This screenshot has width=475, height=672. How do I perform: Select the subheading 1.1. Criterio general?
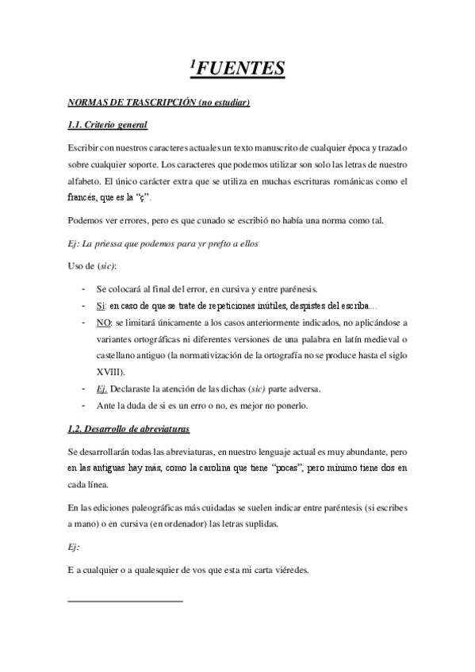(108, 125)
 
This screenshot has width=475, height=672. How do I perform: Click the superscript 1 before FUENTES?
(193, 64)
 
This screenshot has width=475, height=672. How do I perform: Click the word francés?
(86, 197)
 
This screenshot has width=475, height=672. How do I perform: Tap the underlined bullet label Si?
(100, 305)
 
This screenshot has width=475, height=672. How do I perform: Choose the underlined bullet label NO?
(102, 323)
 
